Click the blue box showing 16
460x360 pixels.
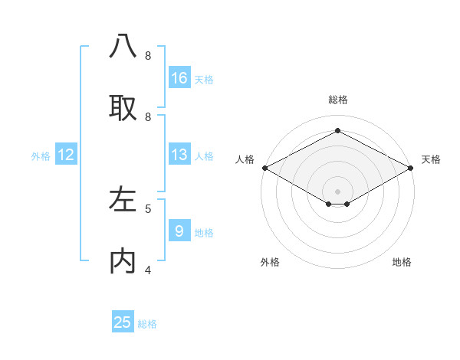click(179, 77)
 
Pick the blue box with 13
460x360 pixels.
click(179, 155)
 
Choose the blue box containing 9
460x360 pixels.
click(179, 231)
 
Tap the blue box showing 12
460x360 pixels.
click(66, 155)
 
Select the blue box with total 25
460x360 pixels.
click(123, 322)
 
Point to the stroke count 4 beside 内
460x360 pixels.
click(148, 270)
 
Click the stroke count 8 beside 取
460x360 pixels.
click(148, 116)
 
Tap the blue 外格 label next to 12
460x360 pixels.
click(41, 155)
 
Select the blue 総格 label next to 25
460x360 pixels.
click(147, 323)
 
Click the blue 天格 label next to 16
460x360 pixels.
click(204, 79)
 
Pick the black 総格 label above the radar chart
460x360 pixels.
click(337, 100)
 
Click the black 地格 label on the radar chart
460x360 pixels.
click(402, 262)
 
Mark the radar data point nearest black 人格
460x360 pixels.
click(264, 168)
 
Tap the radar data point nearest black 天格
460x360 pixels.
click(411, 168)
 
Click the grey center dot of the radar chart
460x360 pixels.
click(337, 190)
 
